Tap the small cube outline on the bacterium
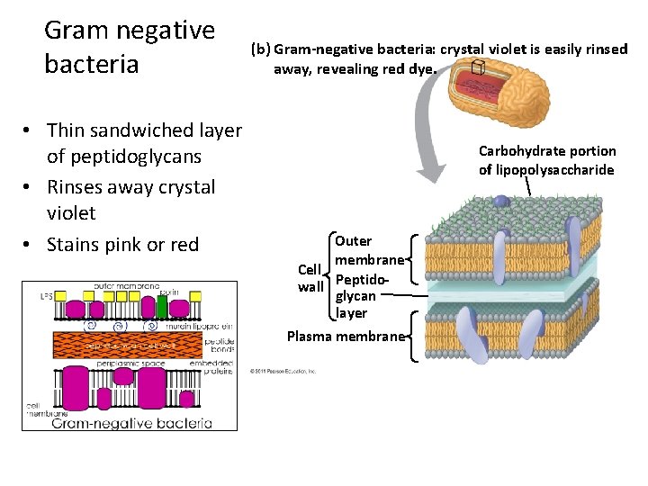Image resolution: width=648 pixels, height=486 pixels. (x=478, y=69)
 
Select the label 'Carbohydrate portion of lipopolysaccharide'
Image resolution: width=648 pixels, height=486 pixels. (x=547, y=160)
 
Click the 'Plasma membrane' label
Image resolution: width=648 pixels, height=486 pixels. (x=345, y=337)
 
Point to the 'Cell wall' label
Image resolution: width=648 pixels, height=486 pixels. (x=310, y=278)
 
